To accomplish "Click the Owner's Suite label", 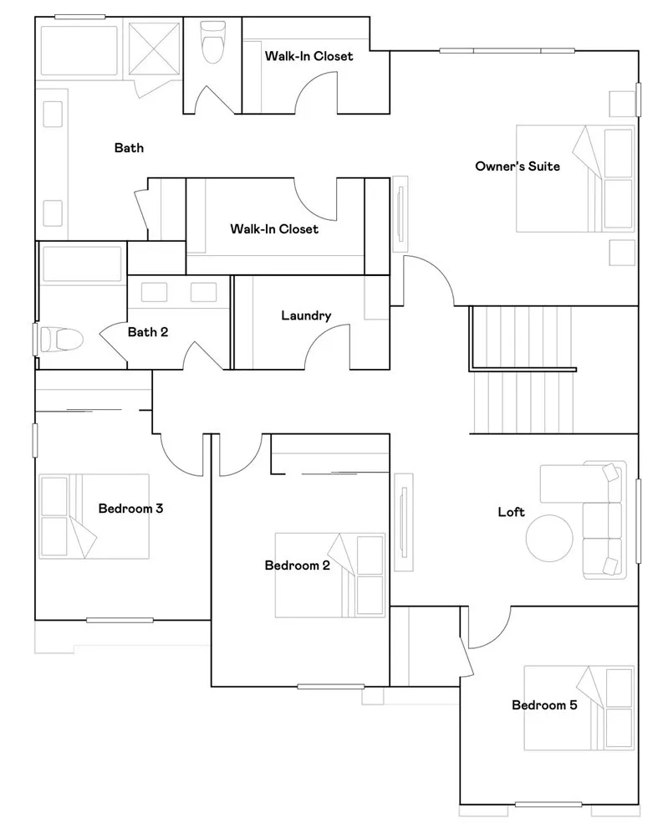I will coord(517,166).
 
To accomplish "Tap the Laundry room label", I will coord(306,315).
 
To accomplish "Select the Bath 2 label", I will coord(148,332).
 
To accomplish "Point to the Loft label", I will coord(511,512).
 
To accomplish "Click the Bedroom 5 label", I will coord(544,705).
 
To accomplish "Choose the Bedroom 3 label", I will coord(130,508).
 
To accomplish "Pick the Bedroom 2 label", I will coord(297,565).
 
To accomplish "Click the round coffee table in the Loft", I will coord(549,535).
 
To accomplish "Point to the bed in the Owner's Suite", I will coord(575,178).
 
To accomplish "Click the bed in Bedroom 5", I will coord(579,708).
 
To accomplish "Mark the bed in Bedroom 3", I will coord(94,516).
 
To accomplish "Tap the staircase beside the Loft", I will coord(523,370).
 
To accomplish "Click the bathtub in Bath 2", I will coord(82,264).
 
